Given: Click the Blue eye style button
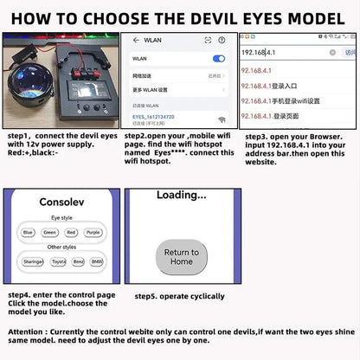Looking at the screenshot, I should pos(29,232).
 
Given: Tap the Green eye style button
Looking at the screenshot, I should pos(50,232).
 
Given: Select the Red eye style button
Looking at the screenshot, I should pos(72,232).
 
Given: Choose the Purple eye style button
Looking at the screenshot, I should pos(93,232).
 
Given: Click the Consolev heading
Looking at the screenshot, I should pos(61,201).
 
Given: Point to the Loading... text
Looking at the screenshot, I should pos(181,196).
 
